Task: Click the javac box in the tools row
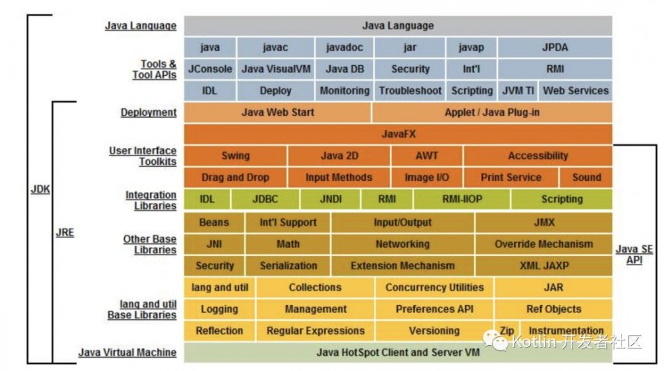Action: click(275, 47)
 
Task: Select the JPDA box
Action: click(554, 47)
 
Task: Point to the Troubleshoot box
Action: click(410, 90)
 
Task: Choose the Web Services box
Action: click(575, 90)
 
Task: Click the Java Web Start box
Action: click(278, 112)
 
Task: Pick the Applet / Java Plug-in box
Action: click(492, 112)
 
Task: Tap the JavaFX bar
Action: click(398, 134)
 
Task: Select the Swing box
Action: click(235, 156)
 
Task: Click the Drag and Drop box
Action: click(235, 178)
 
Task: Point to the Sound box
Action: click(586, 178)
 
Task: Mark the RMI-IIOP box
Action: click(461, 199)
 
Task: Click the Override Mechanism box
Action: click(543, 244)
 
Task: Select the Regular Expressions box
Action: click(315, 330)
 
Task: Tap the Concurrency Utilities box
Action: click(434, 287)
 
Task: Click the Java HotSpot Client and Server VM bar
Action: click(398, 352)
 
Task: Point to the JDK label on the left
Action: click(41, 189)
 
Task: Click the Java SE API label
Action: click(633, 255)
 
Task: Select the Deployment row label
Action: click(149, 112)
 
